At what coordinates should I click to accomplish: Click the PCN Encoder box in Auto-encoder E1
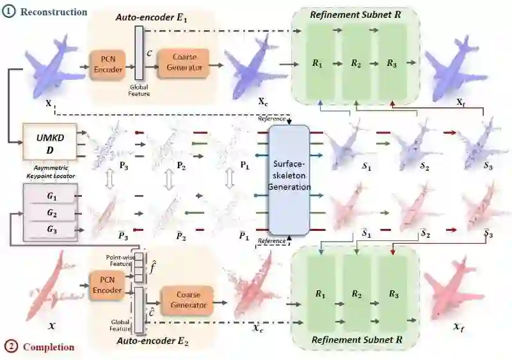coord(106,65)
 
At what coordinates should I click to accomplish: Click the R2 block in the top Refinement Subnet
coord(355,64)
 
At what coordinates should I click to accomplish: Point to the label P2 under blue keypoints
coord(182,166)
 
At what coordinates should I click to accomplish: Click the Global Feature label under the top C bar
coord(139,90)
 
